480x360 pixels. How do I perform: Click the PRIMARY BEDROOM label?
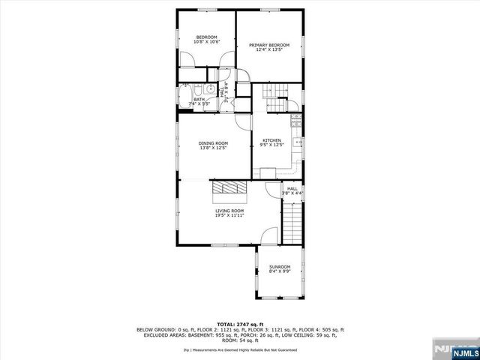point(268,45)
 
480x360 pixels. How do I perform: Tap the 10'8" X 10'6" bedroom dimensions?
point(206,43)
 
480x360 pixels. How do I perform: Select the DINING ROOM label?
point(213,142)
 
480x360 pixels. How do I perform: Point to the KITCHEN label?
point(271,140)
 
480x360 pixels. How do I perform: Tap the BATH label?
point(199,99)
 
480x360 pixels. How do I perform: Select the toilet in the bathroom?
point(196,89)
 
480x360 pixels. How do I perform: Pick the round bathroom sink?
point(212,89)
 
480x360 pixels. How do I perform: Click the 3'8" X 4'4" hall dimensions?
point(292,193)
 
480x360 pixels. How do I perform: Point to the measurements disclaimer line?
point(239,349)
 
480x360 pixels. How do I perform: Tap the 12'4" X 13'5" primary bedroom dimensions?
point(268,50)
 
